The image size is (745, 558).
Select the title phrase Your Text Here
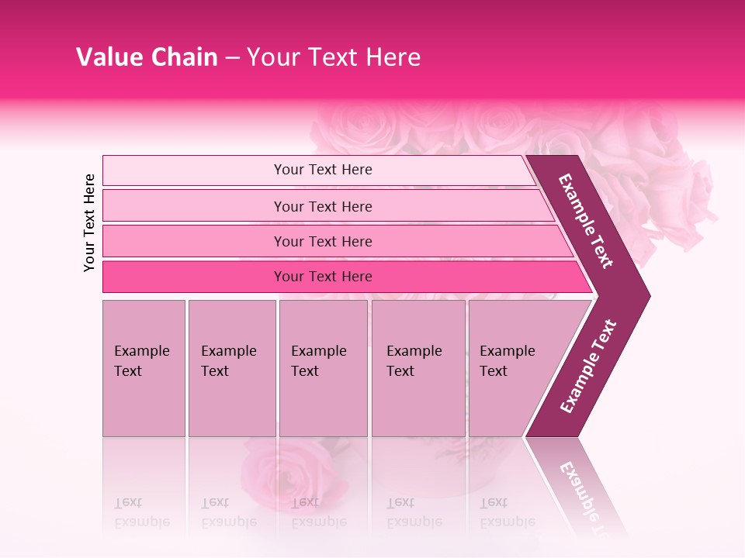click(334, 57)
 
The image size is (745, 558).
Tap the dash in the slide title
click(232, 58)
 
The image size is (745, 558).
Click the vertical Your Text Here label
click(89, 222)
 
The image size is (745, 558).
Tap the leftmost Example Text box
click(144, 368)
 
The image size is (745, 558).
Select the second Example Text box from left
click(231, 368)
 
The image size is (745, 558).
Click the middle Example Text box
click(323, 368)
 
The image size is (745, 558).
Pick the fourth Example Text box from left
click(418, 368)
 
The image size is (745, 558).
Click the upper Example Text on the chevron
click(587, 221)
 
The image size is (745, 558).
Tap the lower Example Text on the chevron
click(588, 367)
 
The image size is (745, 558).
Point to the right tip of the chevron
click(648, 295)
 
